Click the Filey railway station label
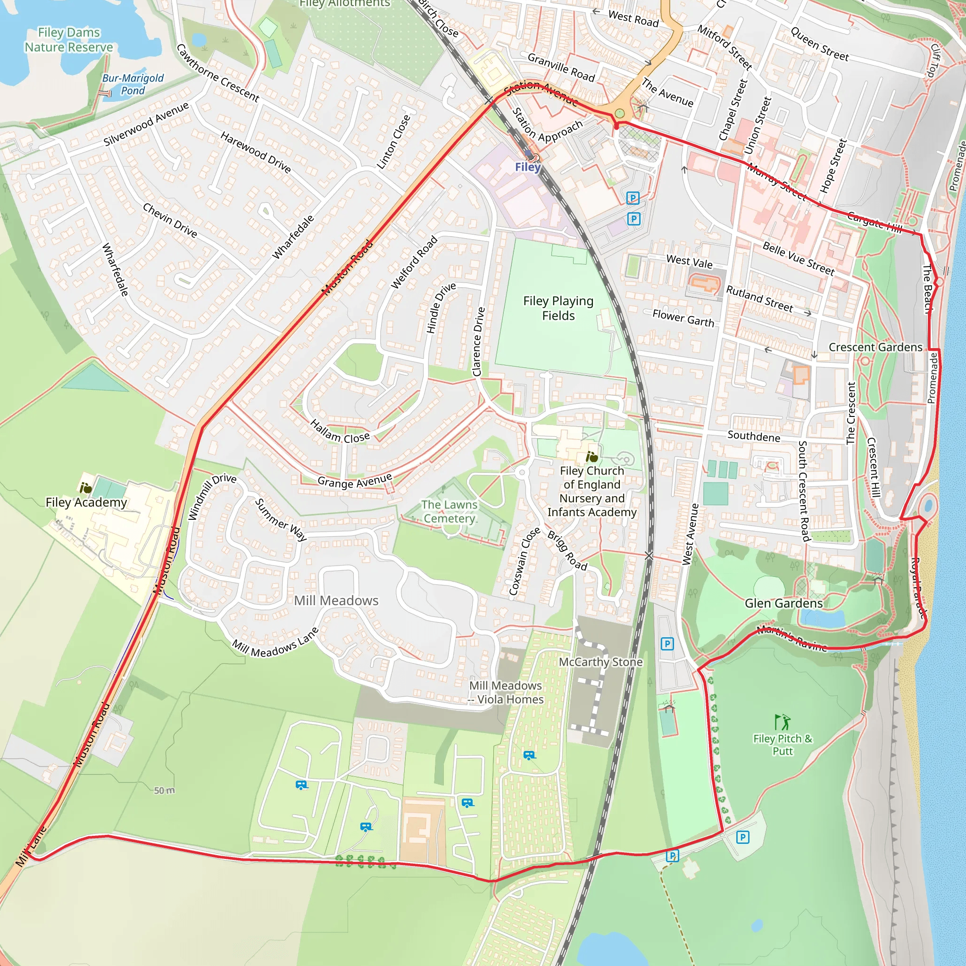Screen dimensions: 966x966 [528, 167]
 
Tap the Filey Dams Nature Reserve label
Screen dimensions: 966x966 [69, 40]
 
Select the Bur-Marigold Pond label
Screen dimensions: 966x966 [133, 84]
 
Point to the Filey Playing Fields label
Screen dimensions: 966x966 [558, 308]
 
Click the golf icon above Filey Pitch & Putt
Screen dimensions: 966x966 [782, 722]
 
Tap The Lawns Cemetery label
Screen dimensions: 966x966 [449, 511]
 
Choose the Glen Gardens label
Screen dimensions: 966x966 [783, 603]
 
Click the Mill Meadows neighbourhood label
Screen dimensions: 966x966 [336, 600]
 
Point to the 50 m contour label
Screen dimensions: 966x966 [164, 791]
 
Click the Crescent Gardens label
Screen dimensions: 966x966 [875, 347]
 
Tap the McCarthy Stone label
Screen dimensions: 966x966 [600, 662]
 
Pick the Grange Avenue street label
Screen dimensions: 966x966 [355, 481]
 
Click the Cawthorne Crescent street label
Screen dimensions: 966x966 [218, 73]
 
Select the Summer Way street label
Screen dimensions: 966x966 [281, 520]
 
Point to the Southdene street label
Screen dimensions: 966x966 [753, 436]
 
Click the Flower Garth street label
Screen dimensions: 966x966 [683, 318]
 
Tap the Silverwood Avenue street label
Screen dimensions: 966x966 [146, 124]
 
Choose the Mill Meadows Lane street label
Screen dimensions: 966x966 [275, 642]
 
